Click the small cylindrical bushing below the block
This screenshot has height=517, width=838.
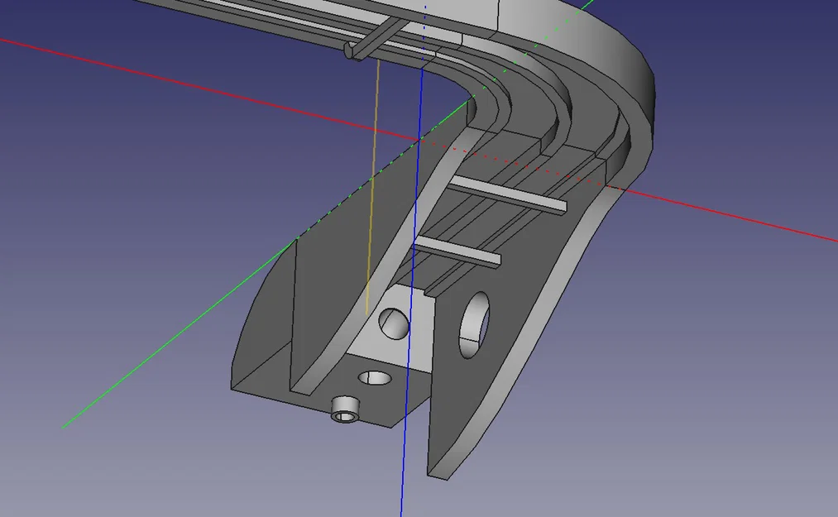(345, 408)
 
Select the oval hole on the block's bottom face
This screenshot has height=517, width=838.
(375, 378)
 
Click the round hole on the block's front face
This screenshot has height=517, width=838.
(394, 322)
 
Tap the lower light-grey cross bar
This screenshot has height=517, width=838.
(459, 251)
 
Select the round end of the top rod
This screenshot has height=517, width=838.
(351, 51)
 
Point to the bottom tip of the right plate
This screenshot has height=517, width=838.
(438, 473)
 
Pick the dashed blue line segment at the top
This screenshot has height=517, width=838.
(425, 25)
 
